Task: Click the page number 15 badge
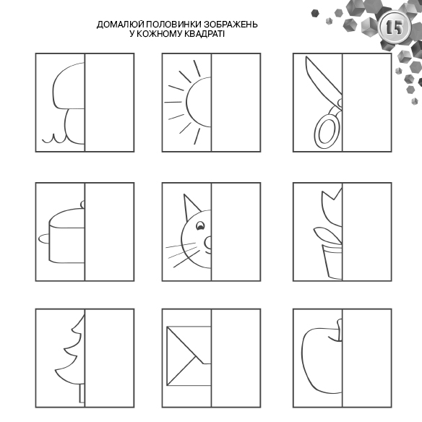(x=395, y=27)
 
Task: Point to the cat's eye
(x=200, y=225)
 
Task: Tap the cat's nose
(x=208, y=243)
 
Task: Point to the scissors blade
(x=320, y=77)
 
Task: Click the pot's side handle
(x=44, y=238)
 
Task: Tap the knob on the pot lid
(x=82, y=204)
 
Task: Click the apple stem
(x=340, y=330)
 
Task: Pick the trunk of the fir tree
(x=82, y=394)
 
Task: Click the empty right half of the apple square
(x=367, y=358)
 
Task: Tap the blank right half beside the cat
(x=236, y=232)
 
